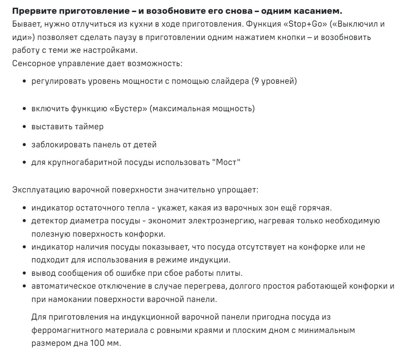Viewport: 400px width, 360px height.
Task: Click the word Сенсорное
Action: click(31, 63)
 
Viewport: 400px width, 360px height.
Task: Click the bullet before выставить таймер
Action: click(26, 127)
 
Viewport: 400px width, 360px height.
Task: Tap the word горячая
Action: click(316, 208)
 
